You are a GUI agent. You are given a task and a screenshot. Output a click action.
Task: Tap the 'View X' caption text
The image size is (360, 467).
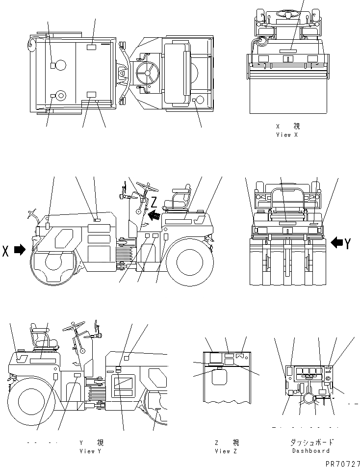pos(287,135)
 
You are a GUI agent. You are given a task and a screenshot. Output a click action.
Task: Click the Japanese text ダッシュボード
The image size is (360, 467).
pos(311,442)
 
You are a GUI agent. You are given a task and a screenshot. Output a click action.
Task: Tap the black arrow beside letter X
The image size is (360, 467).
pos(20,250)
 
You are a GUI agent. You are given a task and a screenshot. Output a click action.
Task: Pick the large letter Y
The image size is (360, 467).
pos(347,243)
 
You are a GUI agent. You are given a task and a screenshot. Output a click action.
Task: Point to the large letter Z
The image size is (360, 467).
pos(154,202)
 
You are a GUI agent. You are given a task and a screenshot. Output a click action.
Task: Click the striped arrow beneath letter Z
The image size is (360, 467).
pos(154,214)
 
